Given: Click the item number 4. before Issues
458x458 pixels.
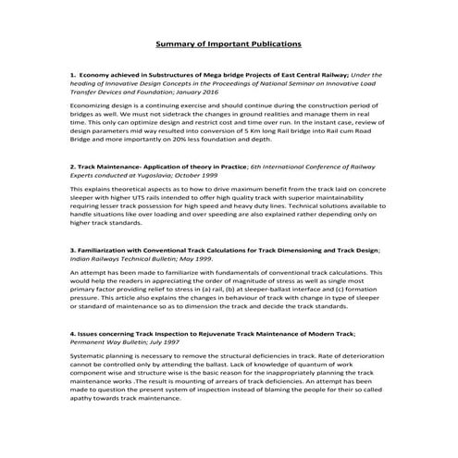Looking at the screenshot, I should click(x=72, y=331).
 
